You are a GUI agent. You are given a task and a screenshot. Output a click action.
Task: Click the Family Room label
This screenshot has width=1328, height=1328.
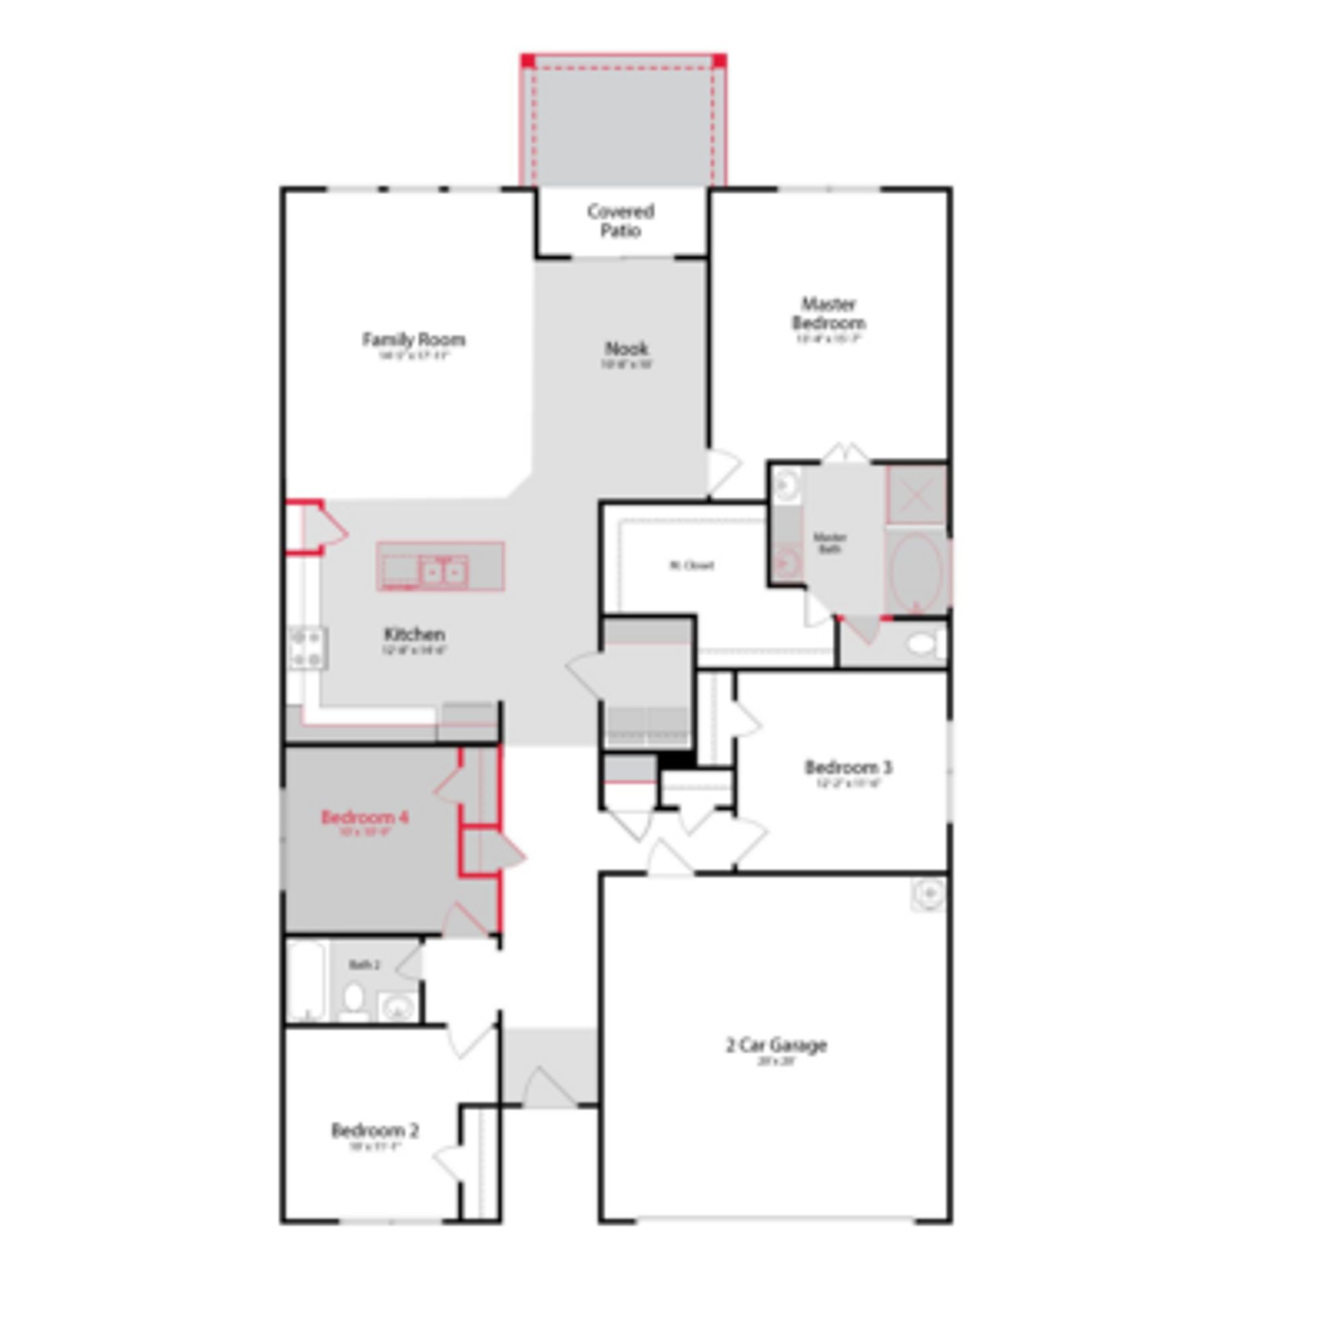(413, 339)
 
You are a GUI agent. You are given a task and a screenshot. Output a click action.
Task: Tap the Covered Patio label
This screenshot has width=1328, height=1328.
(620, 220)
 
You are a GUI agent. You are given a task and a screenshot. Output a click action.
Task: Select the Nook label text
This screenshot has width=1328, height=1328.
(625, 349)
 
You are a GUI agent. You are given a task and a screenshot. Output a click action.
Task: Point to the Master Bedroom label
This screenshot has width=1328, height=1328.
(828, 313)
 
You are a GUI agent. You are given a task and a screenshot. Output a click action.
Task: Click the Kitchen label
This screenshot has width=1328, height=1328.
(414, 633)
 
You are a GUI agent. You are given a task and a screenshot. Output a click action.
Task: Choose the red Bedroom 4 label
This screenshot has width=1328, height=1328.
(365, 817)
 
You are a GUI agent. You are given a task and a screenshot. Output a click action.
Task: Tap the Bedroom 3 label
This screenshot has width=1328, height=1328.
(848, 766)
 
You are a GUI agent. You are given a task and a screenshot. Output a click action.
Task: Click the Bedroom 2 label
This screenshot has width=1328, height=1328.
(374, 1130)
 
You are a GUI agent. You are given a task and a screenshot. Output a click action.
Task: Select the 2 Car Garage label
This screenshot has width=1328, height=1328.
(776, 1046)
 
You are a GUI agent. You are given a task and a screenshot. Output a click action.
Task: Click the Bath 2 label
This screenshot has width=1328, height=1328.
(365, 964)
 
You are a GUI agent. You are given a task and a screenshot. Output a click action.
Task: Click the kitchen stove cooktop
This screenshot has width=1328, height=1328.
(307, 648)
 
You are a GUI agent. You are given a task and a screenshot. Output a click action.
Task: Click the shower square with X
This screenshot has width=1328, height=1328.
(915, 494)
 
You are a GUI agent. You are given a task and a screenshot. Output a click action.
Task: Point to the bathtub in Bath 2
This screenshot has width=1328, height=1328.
(307, 981)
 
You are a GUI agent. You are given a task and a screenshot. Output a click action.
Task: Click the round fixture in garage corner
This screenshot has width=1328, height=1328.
(929, 894)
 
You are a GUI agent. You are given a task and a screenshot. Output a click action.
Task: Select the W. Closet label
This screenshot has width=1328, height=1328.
(691, 565)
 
